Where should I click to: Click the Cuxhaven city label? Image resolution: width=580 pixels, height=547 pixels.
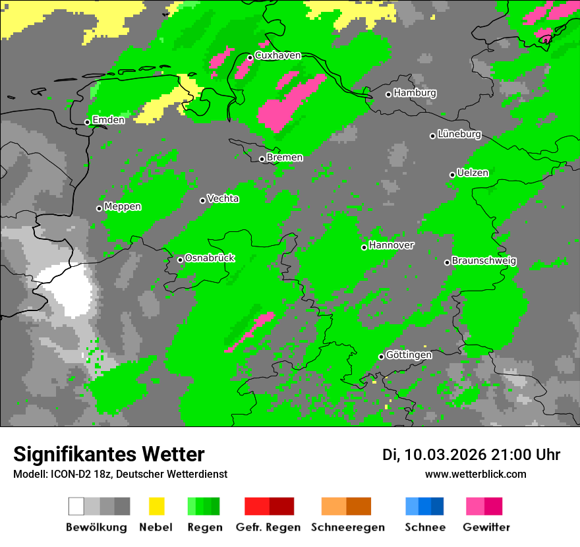point(277,56)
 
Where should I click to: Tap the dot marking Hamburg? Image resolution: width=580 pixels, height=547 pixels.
point(388,94)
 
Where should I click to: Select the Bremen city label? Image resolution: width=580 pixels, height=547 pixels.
point(285,158)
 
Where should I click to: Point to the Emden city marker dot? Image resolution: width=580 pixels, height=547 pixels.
point(87,122)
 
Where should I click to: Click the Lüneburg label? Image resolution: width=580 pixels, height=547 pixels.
point(459,134)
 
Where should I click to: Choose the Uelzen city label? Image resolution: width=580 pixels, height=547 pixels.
point(473,173)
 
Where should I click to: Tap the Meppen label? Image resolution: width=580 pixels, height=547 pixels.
point(123,207)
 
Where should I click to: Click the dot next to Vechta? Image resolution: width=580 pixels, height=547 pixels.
point(203,200)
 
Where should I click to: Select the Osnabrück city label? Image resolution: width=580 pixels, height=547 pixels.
point(210,258)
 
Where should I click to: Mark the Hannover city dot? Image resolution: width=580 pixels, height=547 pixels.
point(364,247)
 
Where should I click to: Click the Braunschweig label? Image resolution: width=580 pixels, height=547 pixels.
point(484,261)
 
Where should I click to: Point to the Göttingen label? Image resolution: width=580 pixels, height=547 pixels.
point(409,355)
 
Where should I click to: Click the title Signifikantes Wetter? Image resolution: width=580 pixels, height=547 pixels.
point(109,454)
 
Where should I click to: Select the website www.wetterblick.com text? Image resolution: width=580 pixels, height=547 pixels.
point(475,474)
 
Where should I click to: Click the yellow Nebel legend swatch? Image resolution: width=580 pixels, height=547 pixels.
point(157,506)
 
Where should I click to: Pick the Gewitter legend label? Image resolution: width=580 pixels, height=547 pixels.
point(486,527)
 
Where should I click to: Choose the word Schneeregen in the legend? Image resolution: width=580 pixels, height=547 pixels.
point(348,527)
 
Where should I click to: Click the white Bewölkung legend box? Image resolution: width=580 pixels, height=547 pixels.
point(76,506)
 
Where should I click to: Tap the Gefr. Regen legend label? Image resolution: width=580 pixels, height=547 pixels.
point(268,527)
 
